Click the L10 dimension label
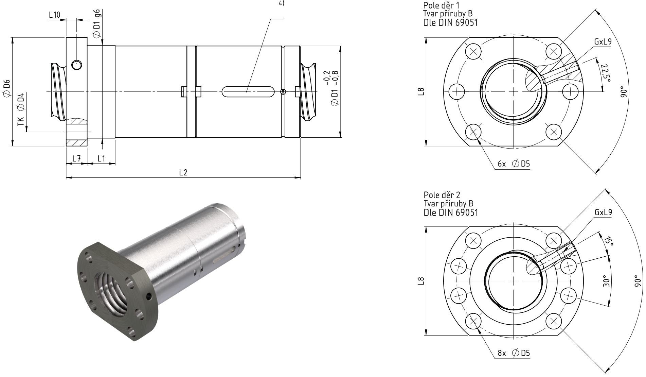click(54, 15)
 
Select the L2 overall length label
click(183, 172)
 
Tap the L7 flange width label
click(76, 158)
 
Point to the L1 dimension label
click(101, 158)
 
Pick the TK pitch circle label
click(21, 121)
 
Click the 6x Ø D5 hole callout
click(514, 164)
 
